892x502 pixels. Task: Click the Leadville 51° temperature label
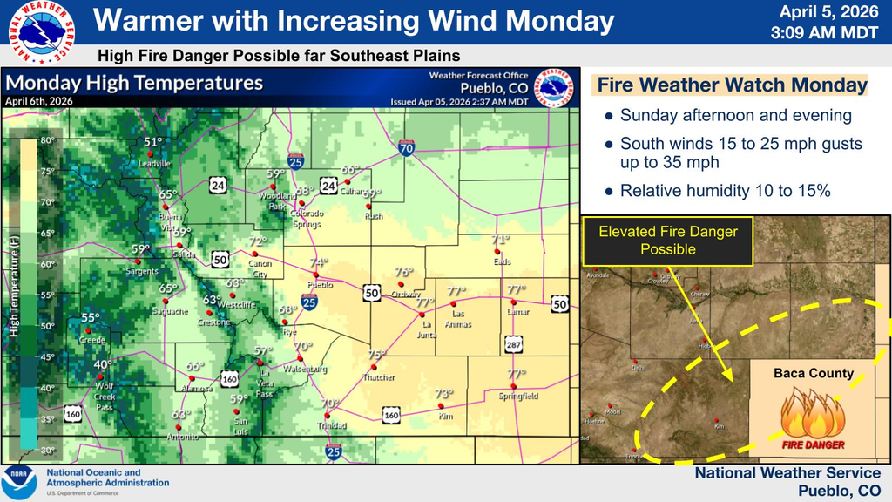point(153,142)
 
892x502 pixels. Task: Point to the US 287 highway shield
point(512,345)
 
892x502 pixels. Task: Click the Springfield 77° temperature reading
point(516,375)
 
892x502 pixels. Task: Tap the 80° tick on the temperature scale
point(47,139)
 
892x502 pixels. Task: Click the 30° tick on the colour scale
point(47,450)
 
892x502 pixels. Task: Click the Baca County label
point(814,373)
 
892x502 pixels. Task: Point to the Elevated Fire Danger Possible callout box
point(667,241)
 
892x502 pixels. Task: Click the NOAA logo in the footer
point(19,483)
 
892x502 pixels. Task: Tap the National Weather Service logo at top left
point(38,33)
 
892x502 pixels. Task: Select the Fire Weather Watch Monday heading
point(732,85)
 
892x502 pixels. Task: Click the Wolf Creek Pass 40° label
point(105,365)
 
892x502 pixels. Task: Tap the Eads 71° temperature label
point(500,240)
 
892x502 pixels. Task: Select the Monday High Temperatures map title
point(135,84)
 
